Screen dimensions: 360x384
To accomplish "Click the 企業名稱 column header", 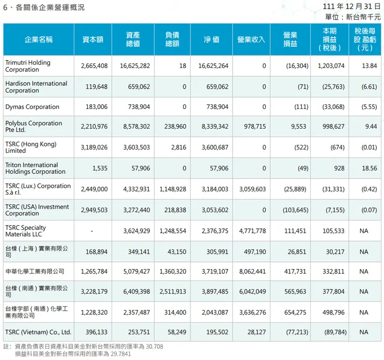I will pyautogui.click(x=39, y=39).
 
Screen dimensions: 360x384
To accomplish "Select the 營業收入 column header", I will pyautogui.click(x=251, y=39).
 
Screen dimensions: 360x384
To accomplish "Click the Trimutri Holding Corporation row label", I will pyautogui.click(x=28, y=66).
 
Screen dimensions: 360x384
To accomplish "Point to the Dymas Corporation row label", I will pyautogui.click(x=32, y=107).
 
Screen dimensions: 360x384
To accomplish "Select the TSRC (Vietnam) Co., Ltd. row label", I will pyautogui.click(x=38, y=332).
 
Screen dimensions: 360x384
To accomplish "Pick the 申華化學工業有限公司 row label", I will pyautogui.click(x=35, y=271).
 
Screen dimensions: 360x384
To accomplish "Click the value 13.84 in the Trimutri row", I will pyautogui.click(x=366, y=66).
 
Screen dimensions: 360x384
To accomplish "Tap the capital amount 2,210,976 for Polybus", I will pyautogui.click(x=94, y=126).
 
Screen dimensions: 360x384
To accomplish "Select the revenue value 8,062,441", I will pyautogui.click(x=251, y=271).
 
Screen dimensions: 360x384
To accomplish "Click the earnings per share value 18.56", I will pyautogui.click(x=366, y=169).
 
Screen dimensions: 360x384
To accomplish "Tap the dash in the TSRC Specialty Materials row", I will pyautogui.click(x=106, y=230).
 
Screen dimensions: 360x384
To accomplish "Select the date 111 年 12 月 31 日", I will pyautogui.click(x=351, y=7).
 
